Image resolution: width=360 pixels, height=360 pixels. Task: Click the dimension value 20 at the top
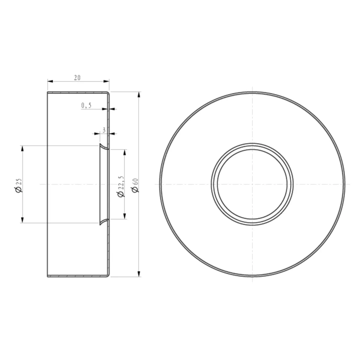pyautogui.click(x=77, y=78)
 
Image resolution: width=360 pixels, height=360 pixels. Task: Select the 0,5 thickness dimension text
pyautogui.click(x=86, y=105)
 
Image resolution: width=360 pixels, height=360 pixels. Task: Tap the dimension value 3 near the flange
pyautogui.click(x=104, y=130)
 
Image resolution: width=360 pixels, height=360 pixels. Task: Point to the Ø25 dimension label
pyautogui.click(x=19, y=185)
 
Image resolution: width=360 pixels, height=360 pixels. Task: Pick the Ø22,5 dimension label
pyautogui.click(x=121, y=187)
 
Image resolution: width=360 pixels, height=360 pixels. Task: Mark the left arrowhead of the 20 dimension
pyautogui.click(x=50, y=81)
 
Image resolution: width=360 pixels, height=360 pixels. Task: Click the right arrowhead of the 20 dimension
pyautogui.click(x=106, y=81)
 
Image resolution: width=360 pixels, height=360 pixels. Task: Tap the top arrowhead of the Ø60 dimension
pyautogui.click(x=139, y=95)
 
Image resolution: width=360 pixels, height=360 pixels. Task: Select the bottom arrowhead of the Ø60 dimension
pyautogui.click(x=139, y=274)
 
